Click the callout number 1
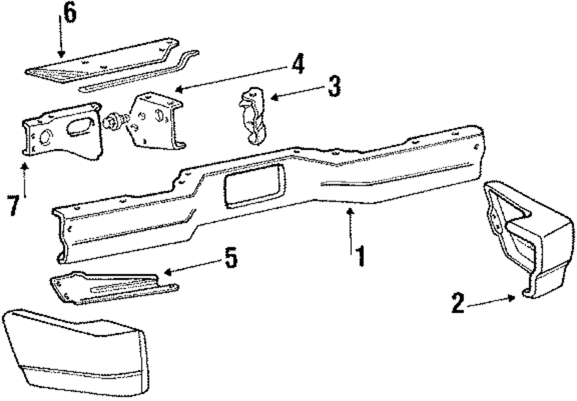click(x=359, y=255)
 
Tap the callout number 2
click(x=458, y=302)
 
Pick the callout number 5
click(x=230, y=258)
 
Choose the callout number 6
click(x=69, y=13)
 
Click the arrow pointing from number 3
click(x=294, y=94)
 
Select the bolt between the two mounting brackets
click(x=114, y=123)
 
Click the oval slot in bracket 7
click(x=83, y=127)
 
